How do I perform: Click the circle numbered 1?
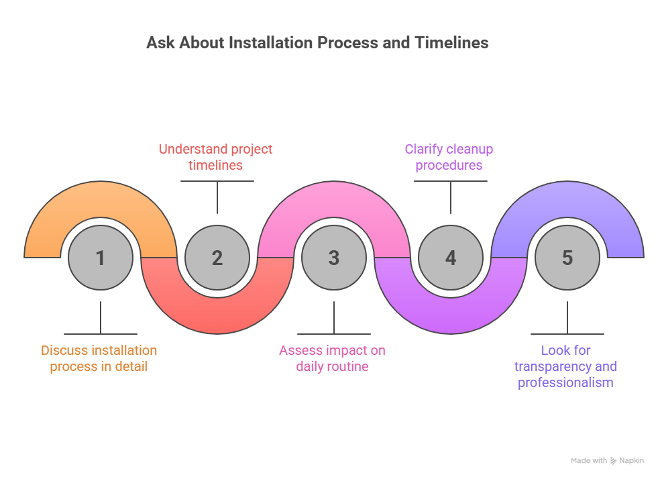coord(101,258)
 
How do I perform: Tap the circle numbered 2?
coord(217,258)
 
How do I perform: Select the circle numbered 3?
coord(334,258)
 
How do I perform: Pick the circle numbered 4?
coord(451,258)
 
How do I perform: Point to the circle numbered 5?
coord(567,258)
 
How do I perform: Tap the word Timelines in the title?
coord(451,43)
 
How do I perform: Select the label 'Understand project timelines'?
coord(216,157)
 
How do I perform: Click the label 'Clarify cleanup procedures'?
coord(449,157)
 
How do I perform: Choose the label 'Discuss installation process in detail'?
coord(99,358)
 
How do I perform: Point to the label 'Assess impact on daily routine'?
coord(332,358)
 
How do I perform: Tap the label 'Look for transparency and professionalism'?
coord(565,366)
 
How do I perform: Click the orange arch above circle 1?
coord(101,201)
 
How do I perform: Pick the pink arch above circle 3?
coord(334,201)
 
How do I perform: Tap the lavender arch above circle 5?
coord(567,201)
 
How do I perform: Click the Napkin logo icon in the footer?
coord(613,461)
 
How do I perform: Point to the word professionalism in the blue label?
coord(565,383)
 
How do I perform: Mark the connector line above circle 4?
coord(451,198)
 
